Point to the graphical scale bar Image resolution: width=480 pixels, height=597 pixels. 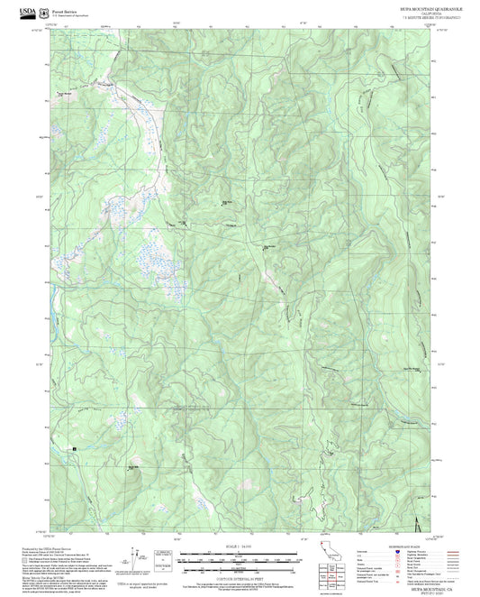click(x=239, y=556)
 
